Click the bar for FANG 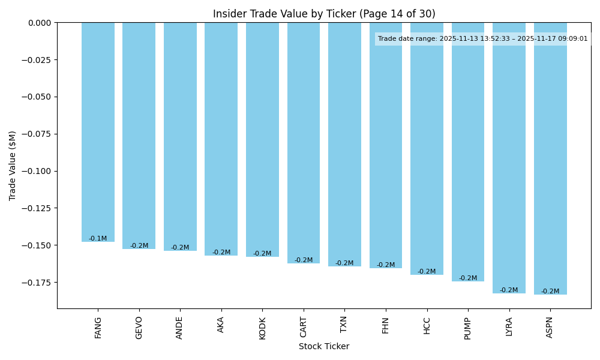pos(98,132)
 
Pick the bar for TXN pos(344,144)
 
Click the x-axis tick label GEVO pos(139,328)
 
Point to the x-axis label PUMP pos(468,328)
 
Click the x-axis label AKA pos(221,325)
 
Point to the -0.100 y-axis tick pos(37,171)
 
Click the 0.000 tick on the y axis pos(40,23)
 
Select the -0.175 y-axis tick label pos(37,282)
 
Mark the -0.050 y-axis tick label pos(37,97)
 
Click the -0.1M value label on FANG pos(98,239)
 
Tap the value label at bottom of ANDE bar pos(180,248)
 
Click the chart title pos(324,14)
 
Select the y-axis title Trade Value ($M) pos(13,166)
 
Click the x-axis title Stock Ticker pos(324,346)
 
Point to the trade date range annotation pos(483,39)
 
